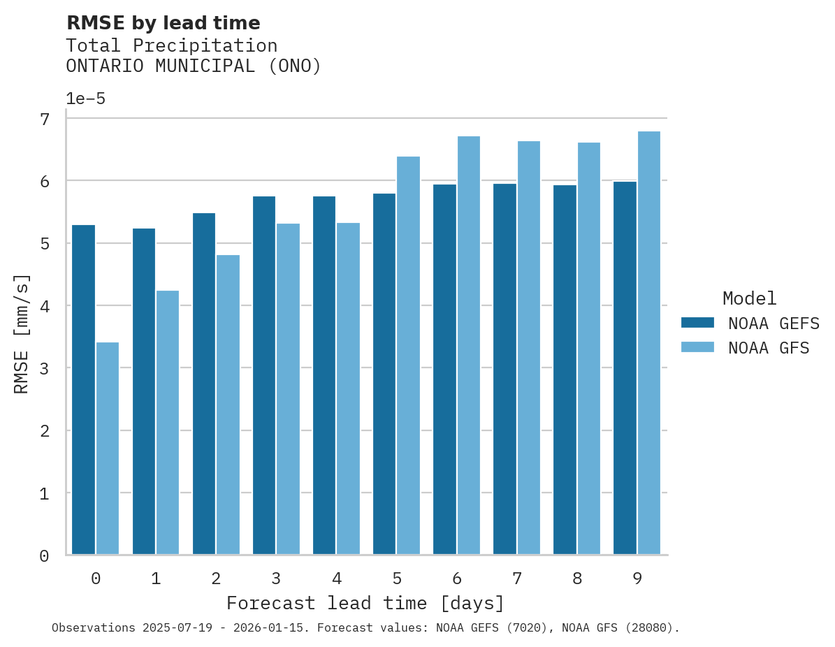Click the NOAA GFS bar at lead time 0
[x=108, y=449]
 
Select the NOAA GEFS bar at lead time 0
[x=83, y=390]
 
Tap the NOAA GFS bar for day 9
[x=649, y=343]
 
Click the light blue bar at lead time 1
[x=168, y=423]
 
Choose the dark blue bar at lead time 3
[x=264, y=375]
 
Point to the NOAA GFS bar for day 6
[x=469, y=345]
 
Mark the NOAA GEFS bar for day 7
[x=504, y=369]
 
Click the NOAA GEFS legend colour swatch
[x=697, y=323]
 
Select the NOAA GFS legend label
[x=769, y=348]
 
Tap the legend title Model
[x=749, y=299]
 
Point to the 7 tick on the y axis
[x=45, y=119]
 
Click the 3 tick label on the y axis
[x=45, y=369]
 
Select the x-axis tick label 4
[x=337, y=579]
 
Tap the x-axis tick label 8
[x=577, y=579]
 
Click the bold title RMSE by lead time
[x=164, y=24]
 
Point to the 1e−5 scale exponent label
[x=86, y=99]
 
